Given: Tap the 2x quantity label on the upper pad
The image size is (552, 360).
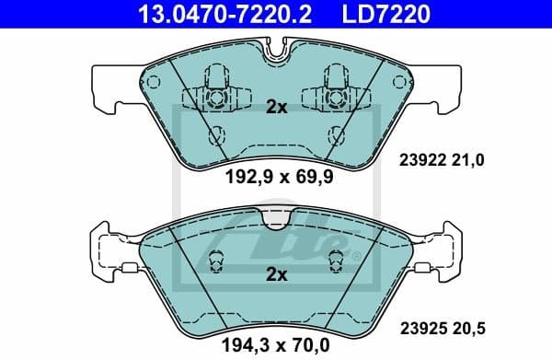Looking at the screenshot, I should pyautogui.click(x=276, y=107).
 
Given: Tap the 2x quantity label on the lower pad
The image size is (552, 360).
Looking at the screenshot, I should pyautogui.click(x=276, y=273).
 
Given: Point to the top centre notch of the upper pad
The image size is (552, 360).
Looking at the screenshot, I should pyautogui.click(x=276, y=53).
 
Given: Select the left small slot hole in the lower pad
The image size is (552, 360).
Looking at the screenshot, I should pyautogui.click(x=217, y=261).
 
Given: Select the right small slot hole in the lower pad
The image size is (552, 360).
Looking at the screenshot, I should pyautogui.click(x=336, y=261).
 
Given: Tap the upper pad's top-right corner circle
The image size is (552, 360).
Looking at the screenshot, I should pyautogui.click(x=398, y=82).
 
